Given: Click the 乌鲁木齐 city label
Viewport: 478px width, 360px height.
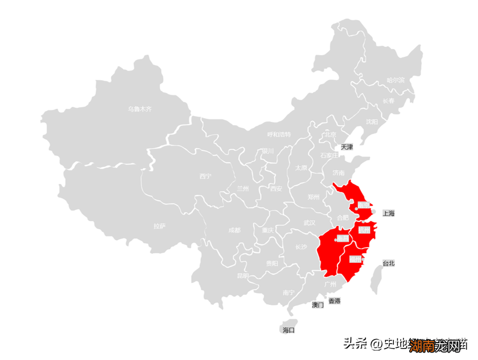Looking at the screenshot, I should tap(139, 109).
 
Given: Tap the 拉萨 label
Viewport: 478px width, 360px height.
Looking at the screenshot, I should tap(160, 226).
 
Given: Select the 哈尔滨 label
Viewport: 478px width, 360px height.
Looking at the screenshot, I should tap(396, 80).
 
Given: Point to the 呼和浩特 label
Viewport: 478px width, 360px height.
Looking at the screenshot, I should tap(278, 135).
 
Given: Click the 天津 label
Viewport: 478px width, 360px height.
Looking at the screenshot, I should tap(347, 147).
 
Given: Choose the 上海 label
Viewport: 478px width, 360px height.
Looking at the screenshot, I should tap(388, 213).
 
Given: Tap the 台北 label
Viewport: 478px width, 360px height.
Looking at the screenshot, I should tap(388, 263).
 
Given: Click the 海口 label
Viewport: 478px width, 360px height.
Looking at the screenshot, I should tap(288, 330).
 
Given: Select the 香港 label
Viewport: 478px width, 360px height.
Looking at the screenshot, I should tap(334, 301).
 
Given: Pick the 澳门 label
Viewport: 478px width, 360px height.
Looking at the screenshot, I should tap(318, 305).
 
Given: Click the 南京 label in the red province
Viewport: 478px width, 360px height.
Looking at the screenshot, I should tap(363, 204).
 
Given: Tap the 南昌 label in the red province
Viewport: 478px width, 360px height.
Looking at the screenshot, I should tap(342, 239).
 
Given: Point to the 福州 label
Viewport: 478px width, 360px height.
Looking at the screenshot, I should tap(356, 259).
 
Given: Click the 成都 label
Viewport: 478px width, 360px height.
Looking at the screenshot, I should tap(234, 230).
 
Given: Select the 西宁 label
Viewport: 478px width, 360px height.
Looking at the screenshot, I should tap(205, 176).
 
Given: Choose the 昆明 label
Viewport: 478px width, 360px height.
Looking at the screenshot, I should tap(243, 275).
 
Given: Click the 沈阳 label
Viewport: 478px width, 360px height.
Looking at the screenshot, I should tap(372, 122).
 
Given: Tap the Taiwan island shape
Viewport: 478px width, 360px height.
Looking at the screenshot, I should tap(376, 279).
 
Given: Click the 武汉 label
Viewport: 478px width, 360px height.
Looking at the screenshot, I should tap(309, 223).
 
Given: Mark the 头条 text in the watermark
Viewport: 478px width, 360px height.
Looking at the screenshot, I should tap(355, 344).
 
